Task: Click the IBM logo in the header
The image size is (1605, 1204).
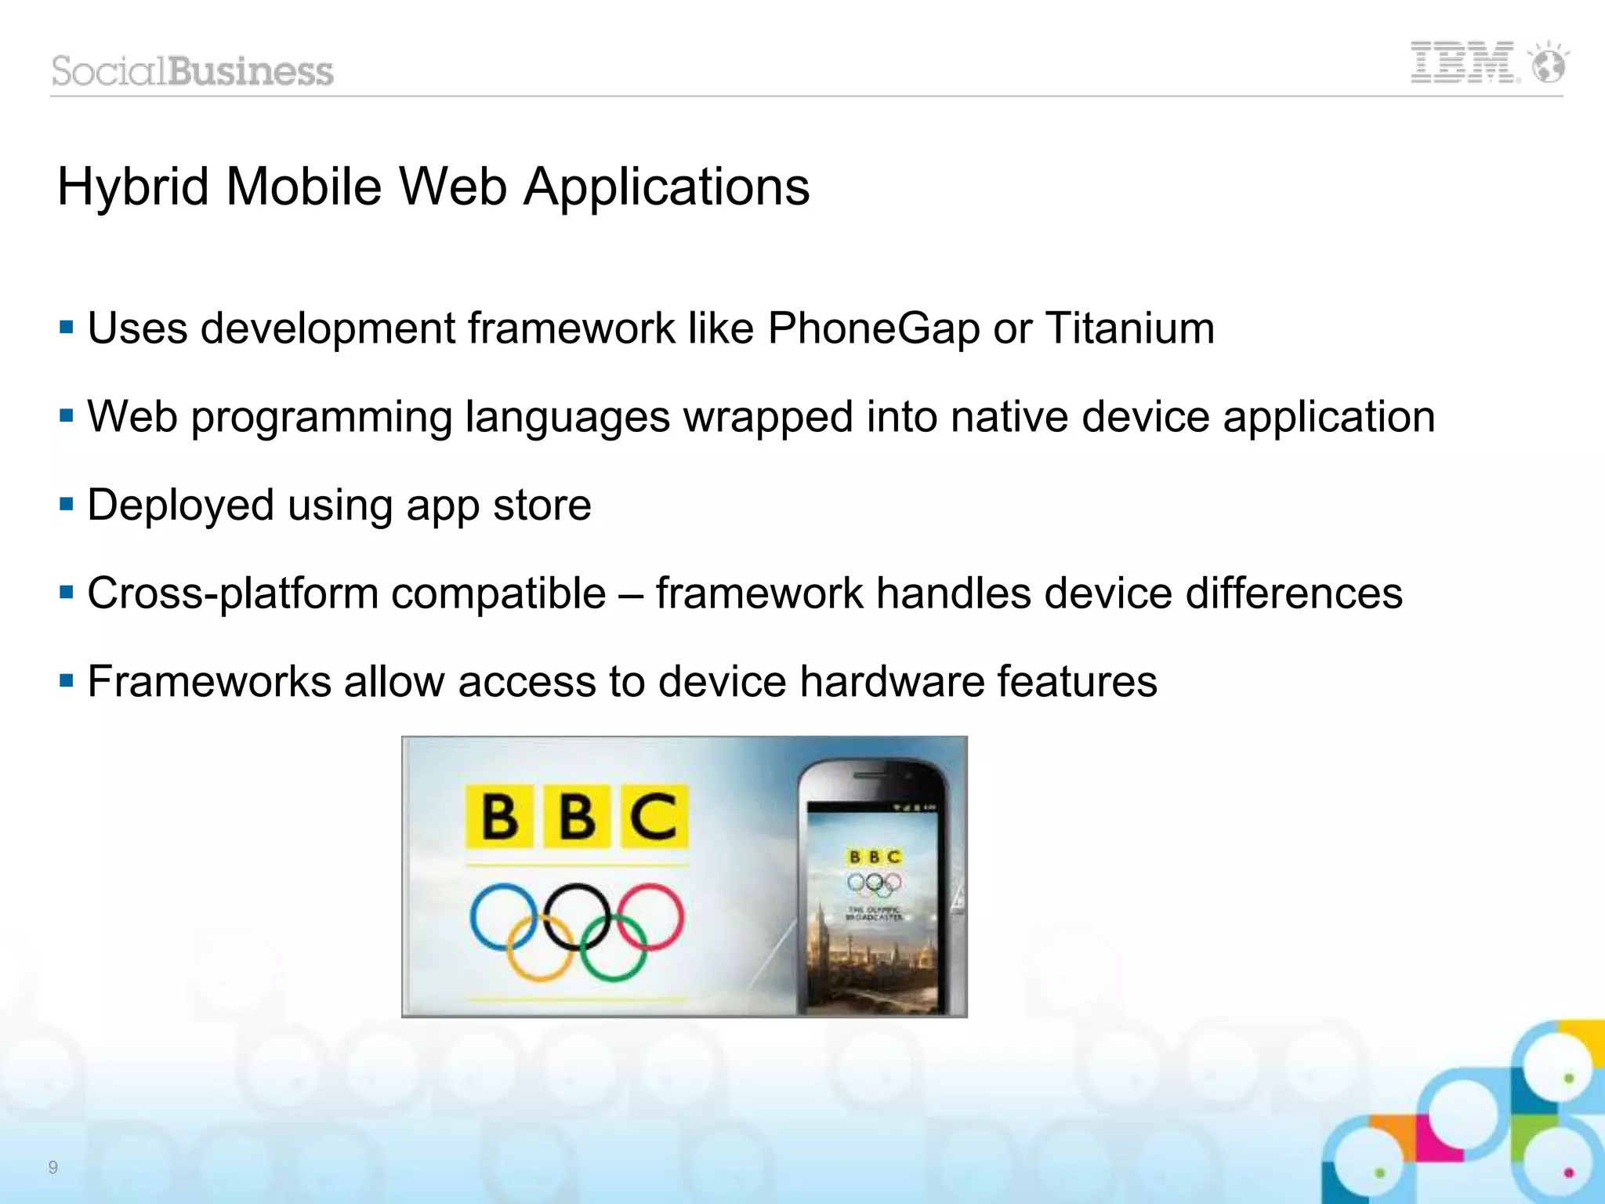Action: tap(1463, 63)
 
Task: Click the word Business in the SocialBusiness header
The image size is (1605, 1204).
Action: tap(251, 71)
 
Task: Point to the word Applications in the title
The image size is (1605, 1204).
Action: tap(666, 187)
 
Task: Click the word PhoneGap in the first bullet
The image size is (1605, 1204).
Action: tap(873, 328)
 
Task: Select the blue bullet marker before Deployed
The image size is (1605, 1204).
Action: tap(67, 503)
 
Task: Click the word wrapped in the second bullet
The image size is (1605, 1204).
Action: tap(768, 416)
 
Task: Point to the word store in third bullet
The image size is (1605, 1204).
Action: tap(542, 505)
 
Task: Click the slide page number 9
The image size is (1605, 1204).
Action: tap(53, 1167)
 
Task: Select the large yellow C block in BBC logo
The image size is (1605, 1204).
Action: tap(654, 817)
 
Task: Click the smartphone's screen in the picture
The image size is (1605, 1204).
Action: tap(873, 909)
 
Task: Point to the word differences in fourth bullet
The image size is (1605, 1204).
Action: tap(1293, 593)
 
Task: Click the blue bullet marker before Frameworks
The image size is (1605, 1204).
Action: tap(67, 680)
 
